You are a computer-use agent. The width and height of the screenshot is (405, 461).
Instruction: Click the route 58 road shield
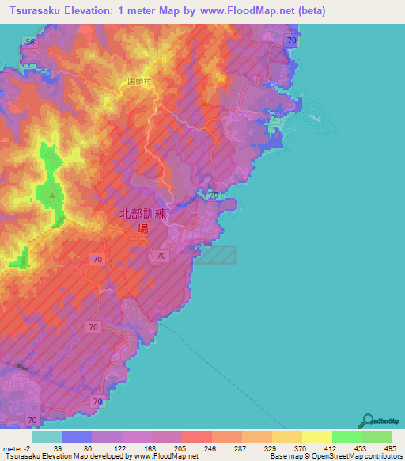pos(30,41)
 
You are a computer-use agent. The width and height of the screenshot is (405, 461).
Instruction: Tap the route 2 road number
pos(274,118)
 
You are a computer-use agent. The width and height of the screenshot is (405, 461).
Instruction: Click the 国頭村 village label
pos(139,82)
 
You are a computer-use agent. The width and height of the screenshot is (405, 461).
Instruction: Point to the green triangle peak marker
pos(52,195)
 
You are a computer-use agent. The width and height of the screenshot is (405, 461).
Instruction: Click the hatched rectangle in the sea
pos(217,254)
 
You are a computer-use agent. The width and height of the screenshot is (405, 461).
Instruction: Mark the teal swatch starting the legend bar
pos(47,436)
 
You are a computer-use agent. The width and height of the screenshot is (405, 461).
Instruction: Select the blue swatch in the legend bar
pos(77,436)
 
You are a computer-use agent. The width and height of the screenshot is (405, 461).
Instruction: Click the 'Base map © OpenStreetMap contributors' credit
pos(335,456)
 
